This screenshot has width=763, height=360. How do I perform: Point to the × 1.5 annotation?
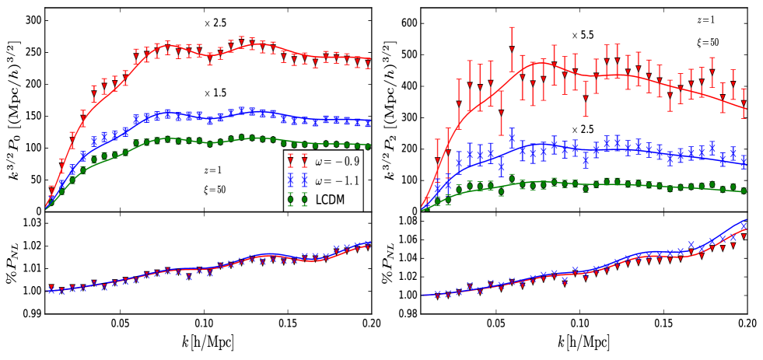[x=215, y=93]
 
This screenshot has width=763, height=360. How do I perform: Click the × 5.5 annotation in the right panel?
[x=584, y=35]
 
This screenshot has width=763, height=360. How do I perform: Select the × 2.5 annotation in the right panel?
[x=583, y=129]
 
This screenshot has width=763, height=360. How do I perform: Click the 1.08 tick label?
[x=408, y=223]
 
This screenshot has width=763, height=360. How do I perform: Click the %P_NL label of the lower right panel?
[x=390, y=267]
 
